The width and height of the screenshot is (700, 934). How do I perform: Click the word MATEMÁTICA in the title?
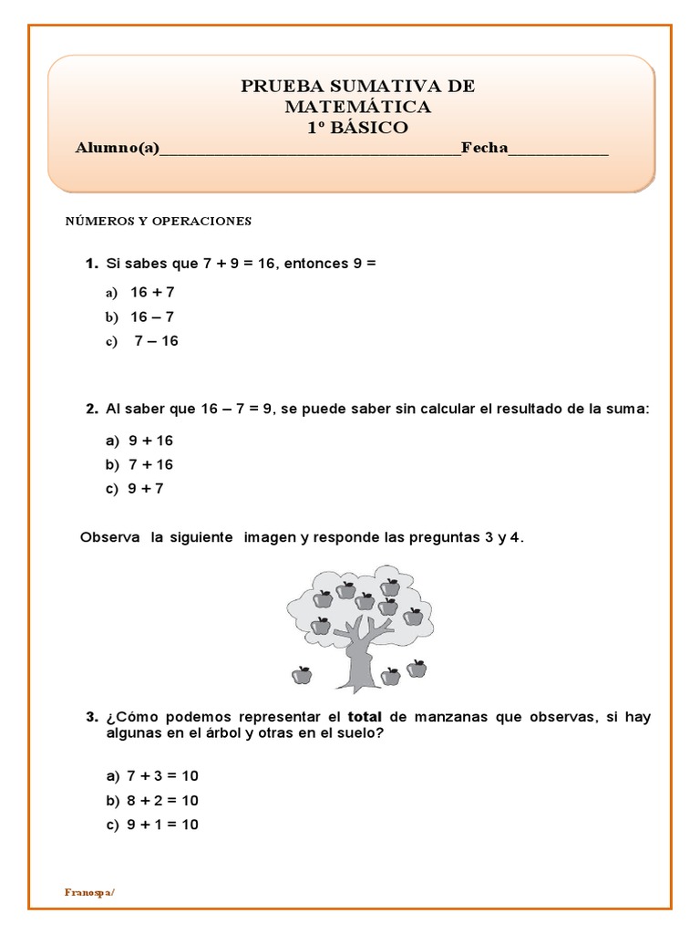pos(357,107)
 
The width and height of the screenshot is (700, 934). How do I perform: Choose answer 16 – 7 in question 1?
pos(151,317)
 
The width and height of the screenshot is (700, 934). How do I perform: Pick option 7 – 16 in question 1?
pos(156,341)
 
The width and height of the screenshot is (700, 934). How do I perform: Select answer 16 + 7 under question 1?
pos(151,293)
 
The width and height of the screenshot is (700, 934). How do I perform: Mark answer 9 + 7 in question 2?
pos(146,488)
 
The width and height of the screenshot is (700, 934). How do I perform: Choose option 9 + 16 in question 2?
pos(150,441)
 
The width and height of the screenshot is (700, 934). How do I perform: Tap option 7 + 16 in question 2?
pos(150,464)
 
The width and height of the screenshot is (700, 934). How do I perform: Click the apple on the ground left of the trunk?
pos(302,675)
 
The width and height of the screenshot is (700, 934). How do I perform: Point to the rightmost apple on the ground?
pos(417,669)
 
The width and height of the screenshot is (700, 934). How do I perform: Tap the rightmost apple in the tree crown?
pos(413,616)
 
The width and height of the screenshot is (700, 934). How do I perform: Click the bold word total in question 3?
pos(365,717)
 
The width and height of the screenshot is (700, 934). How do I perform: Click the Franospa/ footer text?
pos(89,892)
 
